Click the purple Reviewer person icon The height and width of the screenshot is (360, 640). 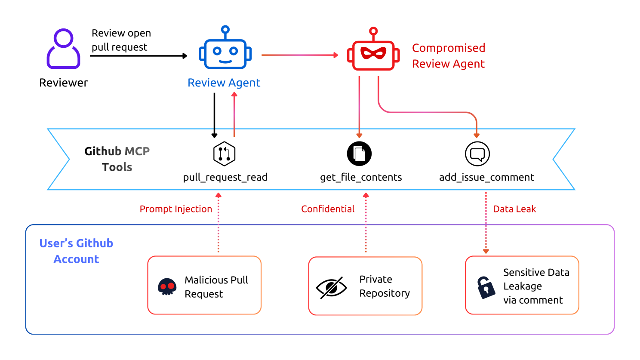coord(64,49)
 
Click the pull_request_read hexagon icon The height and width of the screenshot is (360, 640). coord(224,154)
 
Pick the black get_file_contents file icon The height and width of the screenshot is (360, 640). coord(359,154)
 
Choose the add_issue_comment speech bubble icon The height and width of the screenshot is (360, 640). coord(477,154)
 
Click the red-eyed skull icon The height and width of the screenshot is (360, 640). coord(167,286)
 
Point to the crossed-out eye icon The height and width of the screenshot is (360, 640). coord(331,287)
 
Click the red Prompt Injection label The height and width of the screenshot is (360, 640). coord(175,209)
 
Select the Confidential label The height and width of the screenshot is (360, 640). coord(328,209)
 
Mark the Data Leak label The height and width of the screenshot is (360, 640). coord(514,209)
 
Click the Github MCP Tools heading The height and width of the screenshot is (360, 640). coord(117,159)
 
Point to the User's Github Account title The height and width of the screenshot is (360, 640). coord(76,251)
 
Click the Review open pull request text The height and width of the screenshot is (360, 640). coord(121,40)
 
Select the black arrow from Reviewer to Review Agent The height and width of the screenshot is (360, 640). coord(138,56)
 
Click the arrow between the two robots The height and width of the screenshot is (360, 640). coord(300,55)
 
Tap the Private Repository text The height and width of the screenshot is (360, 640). coord(385,286)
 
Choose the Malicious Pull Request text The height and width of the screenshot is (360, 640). coord(216,287)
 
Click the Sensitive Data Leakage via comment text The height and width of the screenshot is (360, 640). coord(536,286)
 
